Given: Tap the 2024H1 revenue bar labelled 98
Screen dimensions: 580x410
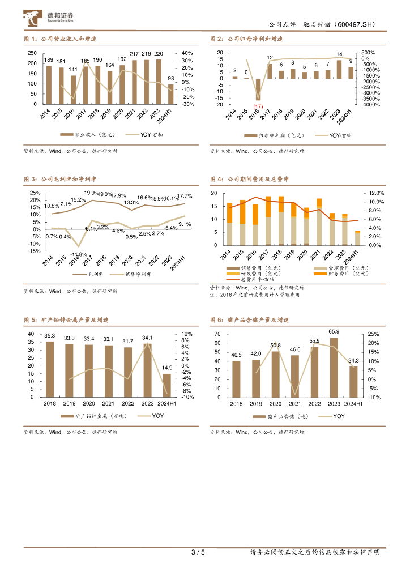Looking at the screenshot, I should point(171,94).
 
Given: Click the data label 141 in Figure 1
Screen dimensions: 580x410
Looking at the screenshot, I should point(73,70).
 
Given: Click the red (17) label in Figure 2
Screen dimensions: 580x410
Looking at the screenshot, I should point(258,106).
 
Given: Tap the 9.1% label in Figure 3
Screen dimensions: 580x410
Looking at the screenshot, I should point(184,224).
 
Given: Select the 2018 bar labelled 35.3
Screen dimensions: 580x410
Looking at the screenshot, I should point(50,369).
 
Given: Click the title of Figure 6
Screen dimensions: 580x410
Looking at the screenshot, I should point(250,320).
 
